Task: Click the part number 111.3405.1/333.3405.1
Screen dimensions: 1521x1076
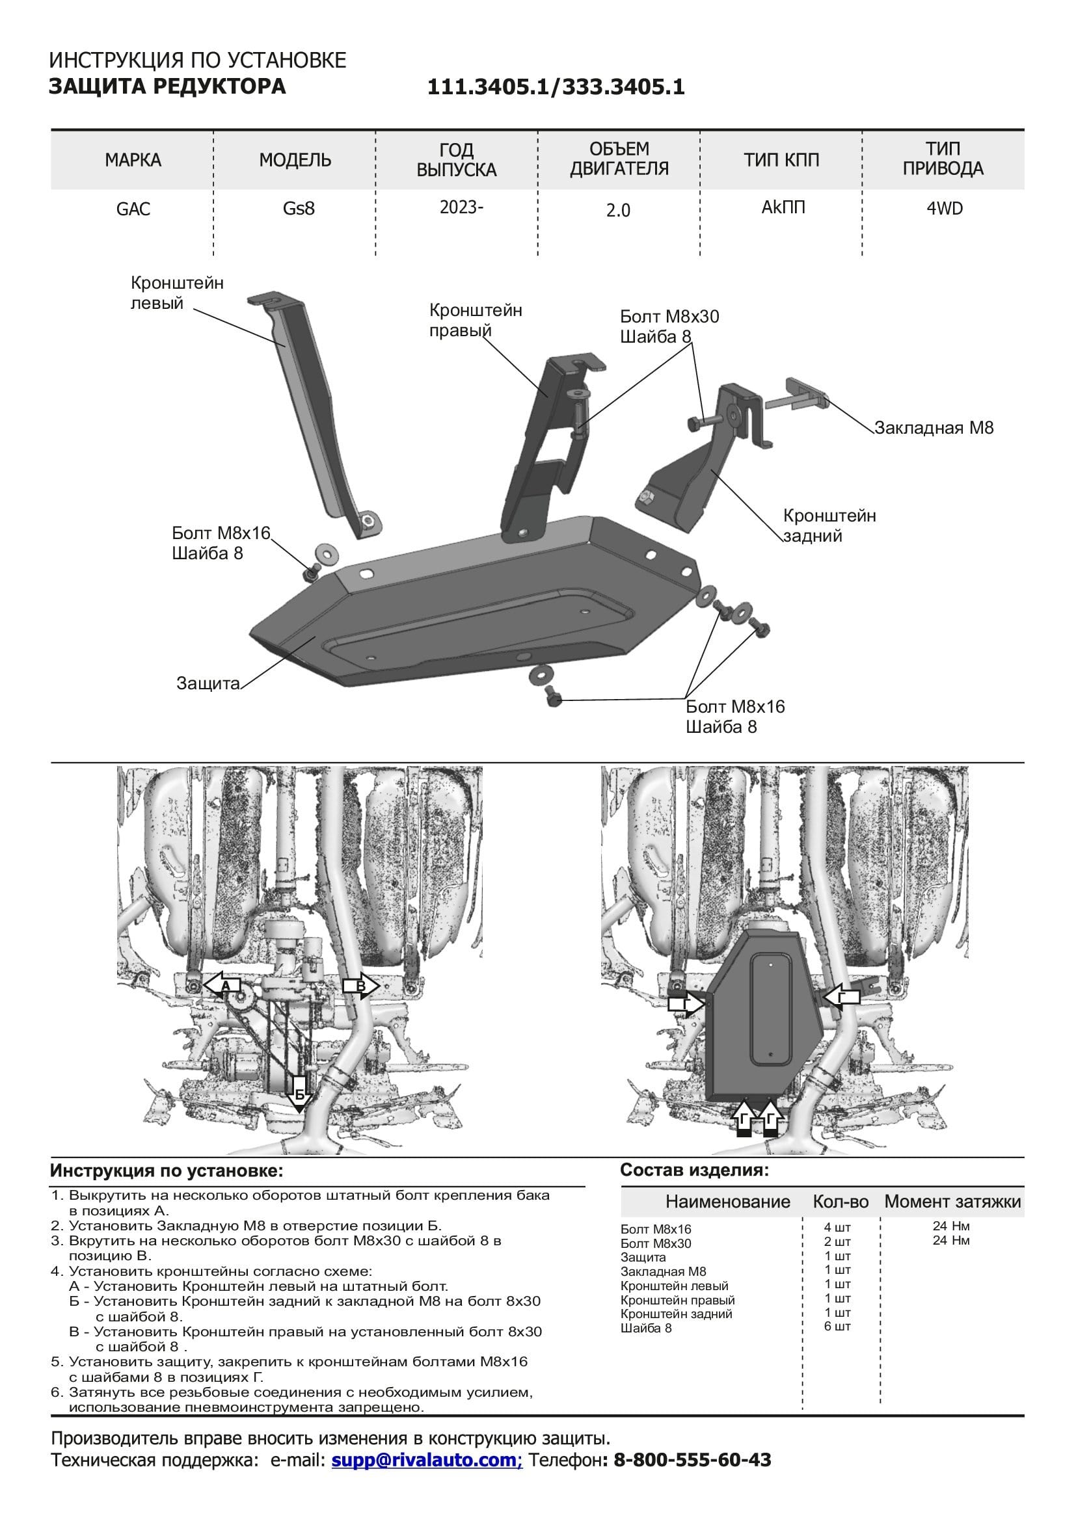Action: coord(555,87)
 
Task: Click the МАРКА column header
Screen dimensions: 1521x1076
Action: coord(133,161)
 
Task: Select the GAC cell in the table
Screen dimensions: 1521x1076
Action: coord(133,209)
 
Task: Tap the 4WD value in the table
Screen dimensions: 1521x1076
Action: coord(944,209)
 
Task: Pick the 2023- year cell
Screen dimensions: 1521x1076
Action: coord(461,207)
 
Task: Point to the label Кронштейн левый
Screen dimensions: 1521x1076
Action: coord(176,293)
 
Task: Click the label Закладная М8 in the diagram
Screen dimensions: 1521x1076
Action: coord(934,428)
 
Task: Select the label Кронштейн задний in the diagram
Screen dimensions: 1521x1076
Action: coord(829,525)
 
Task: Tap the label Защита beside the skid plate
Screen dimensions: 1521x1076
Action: coord(208,683)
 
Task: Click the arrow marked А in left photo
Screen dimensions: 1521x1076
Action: coord(222,986)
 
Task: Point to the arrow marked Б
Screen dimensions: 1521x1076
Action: coord(299,1094)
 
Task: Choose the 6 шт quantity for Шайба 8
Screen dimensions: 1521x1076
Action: coord(837,1326)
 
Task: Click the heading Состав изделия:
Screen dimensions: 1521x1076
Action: coord(694,1170)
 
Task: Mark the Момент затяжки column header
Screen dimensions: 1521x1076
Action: coord(952,1202)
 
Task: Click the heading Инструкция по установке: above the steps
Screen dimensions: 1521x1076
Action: coord(167,1171)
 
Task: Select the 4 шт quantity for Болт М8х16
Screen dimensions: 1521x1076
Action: coord(837,1228)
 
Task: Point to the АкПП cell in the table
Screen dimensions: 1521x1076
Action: coord(783,207)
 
